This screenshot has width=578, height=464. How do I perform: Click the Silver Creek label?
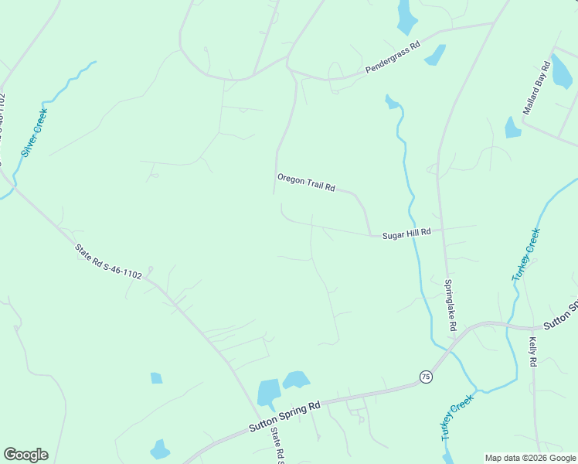point(34,133)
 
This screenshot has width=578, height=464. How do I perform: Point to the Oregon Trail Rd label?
point(306,183)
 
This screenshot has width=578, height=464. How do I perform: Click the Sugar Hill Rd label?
point(406,232)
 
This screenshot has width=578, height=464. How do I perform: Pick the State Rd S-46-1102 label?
point(108,261)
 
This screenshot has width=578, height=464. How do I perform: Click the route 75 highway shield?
point(426,377)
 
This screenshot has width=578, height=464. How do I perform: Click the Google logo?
point(25,455)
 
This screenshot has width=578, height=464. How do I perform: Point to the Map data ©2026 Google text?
point(531,458)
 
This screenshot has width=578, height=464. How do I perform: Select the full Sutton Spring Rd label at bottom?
point(284,417)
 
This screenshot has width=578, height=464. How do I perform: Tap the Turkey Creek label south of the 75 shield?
point(457,418)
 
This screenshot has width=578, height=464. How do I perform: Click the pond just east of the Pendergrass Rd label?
point(436,55)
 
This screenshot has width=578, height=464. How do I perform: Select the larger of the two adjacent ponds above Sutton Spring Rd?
point(268,393)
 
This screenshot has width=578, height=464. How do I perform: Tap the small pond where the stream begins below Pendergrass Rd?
point(392,101)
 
